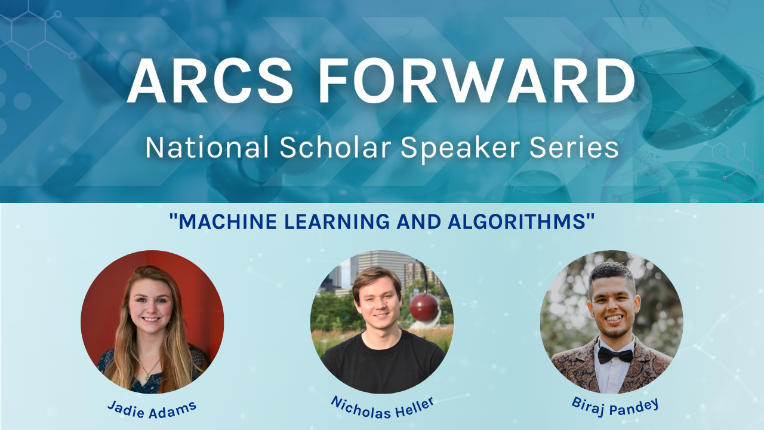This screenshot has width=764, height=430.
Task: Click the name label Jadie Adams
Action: (152, 409)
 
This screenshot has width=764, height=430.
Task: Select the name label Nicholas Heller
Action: (382, 407)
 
